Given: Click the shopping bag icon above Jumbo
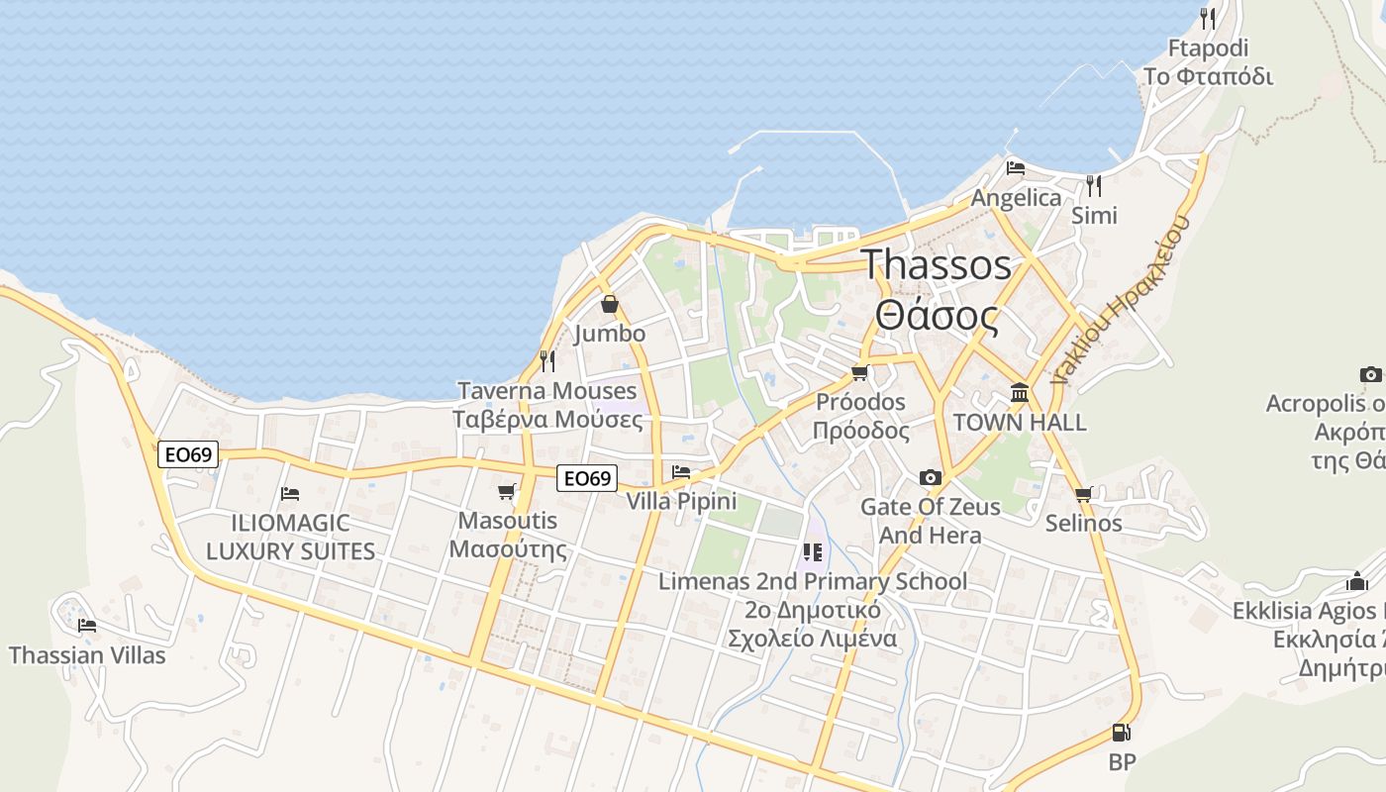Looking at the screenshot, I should click(x=610, y=304).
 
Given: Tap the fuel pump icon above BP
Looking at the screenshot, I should click(x=1121, y=733).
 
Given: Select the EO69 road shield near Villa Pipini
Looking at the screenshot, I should click(x=586, y=479).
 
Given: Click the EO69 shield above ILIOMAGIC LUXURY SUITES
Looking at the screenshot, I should click(x=188, y=454).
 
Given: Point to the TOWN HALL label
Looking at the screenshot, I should click(x=1020, y=423).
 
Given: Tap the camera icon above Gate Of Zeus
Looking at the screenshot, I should click(x=930, y=478).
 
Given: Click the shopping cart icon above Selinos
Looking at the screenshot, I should click(x=1083, y=494).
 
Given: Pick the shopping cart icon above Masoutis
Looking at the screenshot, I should click(x=507, y=491).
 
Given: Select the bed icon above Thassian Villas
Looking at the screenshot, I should click(x=87, y=626).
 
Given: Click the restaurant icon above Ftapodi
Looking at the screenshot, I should click(x=1208, y=18).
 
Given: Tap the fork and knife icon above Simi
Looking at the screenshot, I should click(x=1094, y=185).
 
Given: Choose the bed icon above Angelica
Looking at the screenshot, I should click(x=1016, y=168).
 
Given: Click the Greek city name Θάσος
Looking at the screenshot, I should click(x=937, y=316).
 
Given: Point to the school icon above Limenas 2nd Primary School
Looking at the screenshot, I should click(x=813, y=552).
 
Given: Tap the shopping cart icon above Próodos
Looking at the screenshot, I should click(x=859, y=373).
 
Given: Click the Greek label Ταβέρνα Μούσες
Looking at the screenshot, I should click(x=547, y=420).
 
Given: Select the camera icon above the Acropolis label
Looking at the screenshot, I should click(x=1370, y=374).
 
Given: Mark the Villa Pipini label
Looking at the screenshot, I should click(x=681, y=501).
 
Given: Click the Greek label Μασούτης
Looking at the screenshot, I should click(x=508, y=549).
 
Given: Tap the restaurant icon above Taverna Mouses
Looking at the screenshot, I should click(x=547, y=361).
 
